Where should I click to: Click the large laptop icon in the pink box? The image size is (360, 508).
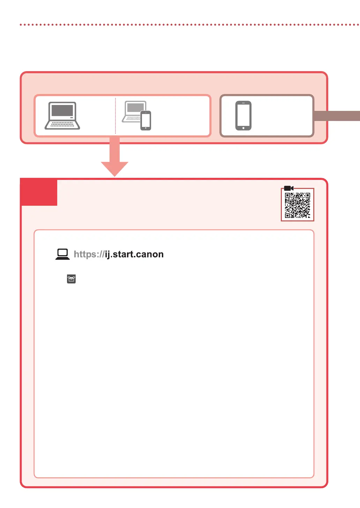62,116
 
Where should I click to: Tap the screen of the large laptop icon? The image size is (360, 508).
62,111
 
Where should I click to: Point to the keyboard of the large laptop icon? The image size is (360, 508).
62,124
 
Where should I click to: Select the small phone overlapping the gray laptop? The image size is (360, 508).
146,120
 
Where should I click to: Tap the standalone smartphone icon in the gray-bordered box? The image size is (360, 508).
243,116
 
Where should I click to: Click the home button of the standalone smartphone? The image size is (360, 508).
243,128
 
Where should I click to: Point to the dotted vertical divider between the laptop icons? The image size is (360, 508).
115,116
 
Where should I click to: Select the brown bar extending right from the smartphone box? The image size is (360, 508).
337,116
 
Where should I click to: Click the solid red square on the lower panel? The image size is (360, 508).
39,192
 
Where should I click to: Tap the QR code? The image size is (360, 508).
298,205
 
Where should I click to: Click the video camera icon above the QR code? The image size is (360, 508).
288,188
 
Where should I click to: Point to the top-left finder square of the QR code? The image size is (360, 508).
287,196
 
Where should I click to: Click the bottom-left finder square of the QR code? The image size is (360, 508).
287,215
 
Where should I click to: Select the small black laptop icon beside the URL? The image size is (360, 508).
63,254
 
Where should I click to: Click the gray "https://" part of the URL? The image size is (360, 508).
89,254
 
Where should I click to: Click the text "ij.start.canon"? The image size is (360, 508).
134,254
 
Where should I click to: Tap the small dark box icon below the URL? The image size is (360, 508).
71,279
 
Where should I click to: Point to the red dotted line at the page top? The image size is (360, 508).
188,25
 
